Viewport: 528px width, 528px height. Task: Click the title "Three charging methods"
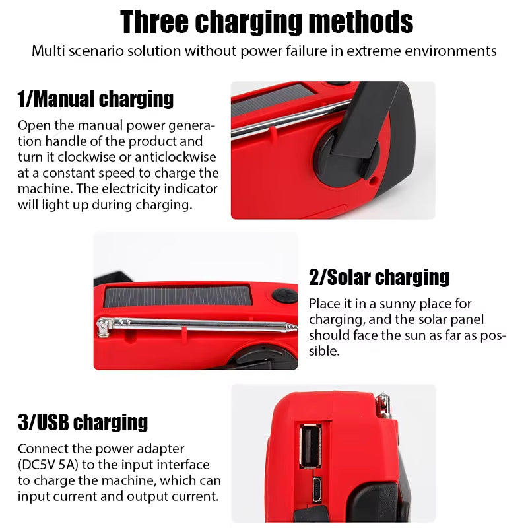click(267, 22)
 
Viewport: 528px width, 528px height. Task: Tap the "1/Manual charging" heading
click(96, 99)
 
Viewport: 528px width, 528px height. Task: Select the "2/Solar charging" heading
click(379, 277)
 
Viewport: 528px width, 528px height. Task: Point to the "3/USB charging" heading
click(82, 422)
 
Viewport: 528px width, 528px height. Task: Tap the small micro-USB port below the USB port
click(317, 489)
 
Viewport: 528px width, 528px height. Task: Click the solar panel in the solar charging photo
click(178, 296)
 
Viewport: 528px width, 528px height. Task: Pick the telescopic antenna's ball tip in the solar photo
click(102, 323)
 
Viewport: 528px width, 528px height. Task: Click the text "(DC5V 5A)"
click(53, 464)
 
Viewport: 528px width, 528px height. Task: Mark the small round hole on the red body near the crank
click(374, 179)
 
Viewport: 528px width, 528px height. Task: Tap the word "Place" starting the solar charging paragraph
click(324, 304)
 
